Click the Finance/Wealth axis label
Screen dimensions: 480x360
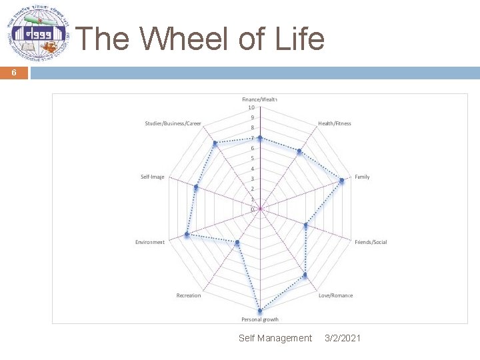click(259, 99)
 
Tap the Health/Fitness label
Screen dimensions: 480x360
click(335, 123)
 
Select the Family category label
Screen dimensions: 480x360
click(362, 177)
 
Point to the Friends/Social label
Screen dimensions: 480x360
click(371, 242)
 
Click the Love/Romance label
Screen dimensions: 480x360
click(336, 295)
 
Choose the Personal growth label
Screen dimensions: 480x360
click(260, 320)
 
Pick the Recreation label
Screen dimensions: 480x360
click(189, 295)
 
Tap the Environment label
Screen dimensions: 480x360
click(150, 242)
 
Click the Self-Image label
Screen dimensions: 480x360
click(153, 177)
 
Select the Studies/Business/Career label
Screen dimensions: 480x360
click(173, 123)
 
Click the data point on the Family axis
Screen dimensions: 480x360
click(342, 181)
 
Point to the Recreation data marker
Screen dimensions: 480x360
click(237, 242)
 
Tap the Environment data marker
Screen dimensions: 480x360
click(187, 235)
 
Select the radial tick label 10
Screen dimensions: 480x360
click(251, 107)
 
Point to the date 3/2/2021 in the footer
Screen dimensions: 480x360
click(343, 339)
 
